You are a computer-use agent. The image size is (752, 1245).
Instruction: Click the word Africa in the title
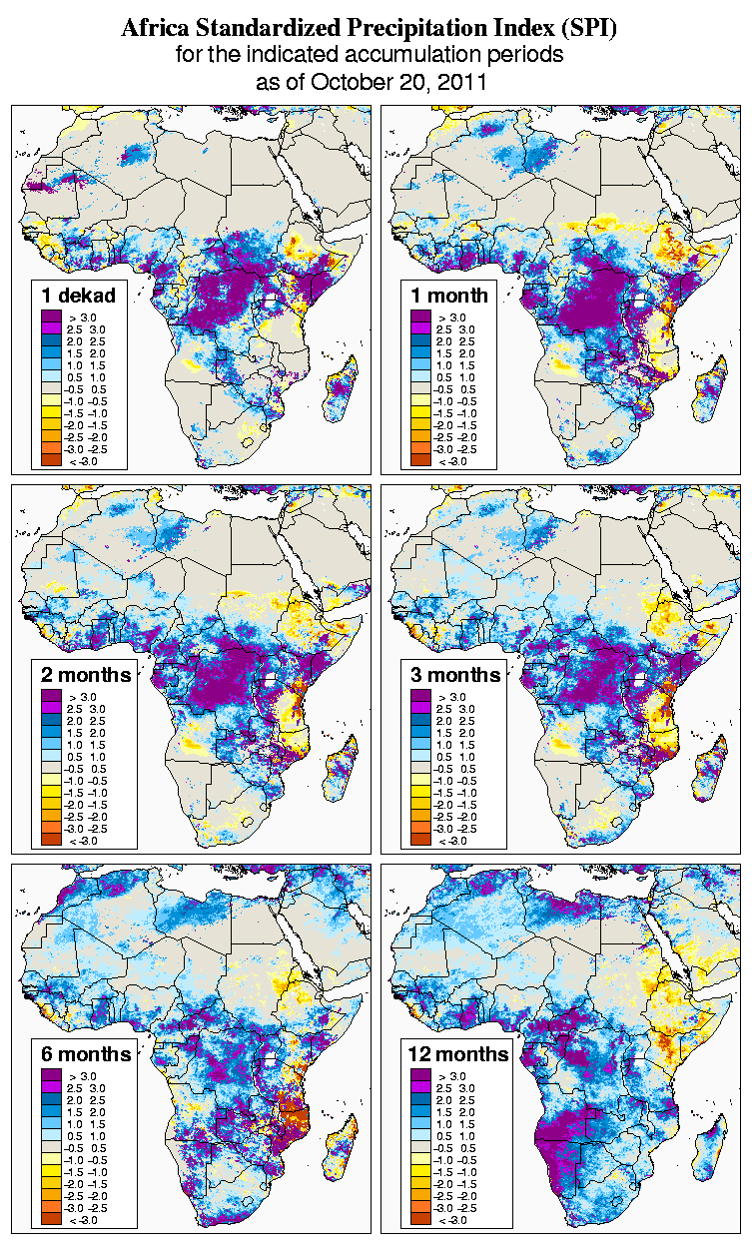(156, 29)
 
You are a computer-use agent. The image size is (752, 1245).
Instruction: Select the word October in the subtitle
(347, 82)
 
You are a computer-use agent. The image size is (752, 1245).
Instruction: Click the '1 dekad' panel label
(79, 295)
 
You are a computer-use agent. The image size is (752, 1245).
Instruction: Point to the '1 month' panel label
(449, 295)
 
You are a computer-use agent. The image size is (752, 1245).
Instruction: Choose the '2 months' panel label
(86, 674)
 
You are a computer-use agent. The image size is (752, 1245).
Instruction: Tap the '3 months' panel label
(455, 674)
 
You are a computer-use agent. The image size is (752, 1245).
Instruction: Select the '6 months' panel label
(86, 1054)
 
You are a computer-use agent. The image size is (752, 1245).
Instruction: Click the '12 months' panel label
(458, 1054)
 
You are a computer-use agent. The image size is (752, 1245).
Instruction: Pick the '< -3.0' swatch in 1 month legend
(418, 460)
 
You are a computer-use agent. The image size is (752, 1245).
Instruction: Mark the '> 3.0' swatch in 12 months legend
(418, 1075)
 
